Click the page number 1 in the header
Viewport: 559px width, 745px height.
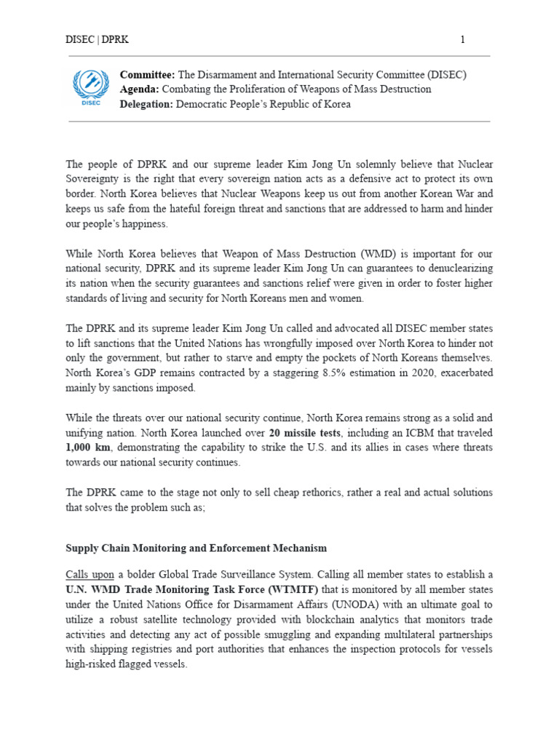(x=462, y=40)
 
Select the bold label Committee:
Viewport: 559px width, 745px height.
(x=148, y=75)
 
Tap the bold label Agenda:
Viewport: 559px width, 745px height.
(x=140, y=89)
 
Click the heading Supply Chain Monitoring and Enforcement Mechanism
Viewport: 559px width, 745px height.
(x=196, y=548)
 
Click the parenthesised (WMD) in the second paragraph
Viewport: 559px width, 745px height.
(x=362, y=255)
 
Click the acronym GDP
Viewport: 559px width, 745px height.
(x=138, y=372)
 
